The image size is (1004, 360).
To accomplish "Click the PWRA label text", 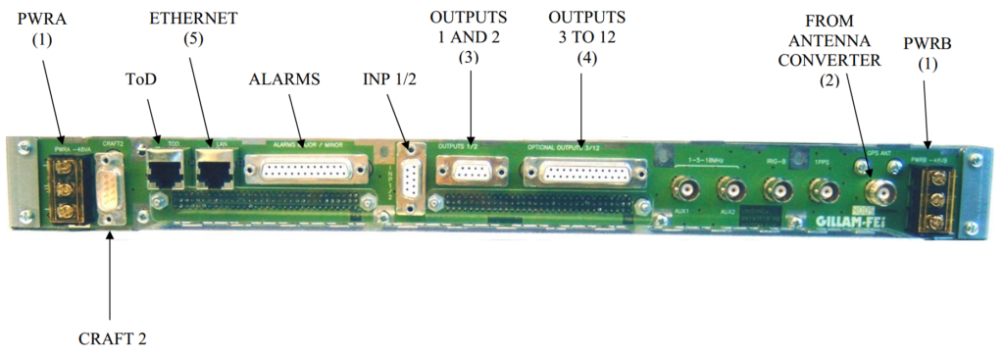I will (38, 18).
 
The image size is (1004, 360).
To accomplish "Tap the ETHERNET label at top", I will (193, 18).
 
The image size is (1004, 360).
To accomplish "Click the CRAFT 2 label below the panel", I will (112, 338).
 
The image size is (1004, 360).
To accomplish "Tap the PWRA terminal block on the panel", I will (68, 186).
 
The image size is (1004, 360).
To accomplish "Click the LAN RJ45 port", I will (213, 171).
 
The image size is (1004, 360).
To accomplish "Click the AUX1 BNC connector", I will (683, 188).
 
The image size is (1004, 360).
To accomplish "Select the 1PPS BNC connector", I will (822, 188).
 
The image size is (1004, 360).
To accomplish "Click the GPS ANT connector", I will (878, 189).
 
